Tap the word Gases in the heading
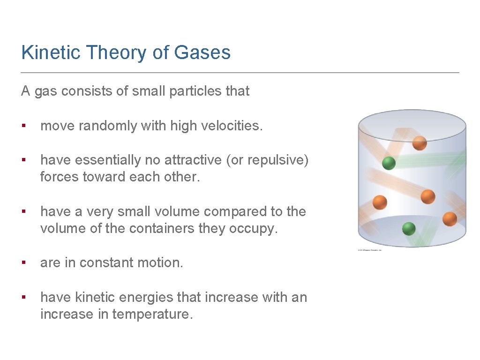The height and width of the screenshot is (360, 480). (x=202, y=52)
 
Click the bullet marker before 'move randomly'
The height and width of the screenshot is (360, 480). (x=23, y=126)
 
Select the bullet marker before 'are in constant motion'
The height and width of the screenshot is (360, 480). (x=23, y=263)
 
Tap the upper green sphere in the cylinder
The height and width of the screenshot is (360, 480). (x=389, y=163)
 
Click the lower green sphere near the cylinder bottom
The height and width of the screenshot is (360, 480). (x=409, y=228)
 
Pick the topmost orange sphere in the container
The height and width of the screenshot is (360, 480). (x=420, y=142)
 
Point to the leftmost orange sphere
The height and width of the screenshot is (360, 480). (x=380, y=202)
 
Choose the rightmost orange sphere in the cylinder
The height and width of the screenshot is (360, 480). (x=450, y=219)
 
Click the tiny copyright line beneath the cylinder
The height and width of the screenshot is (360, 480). (x=370, y=250)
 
